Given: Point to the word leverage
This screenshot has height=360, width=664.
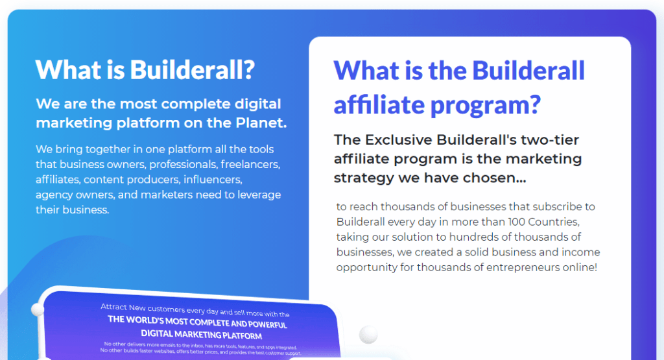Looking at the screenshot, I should point(258,195).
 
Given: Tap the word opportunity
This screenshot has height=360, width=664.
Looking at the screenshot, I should point(366,267).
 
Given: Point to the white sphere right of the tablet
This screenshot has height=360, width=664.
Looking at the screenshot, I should point(368,334).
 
